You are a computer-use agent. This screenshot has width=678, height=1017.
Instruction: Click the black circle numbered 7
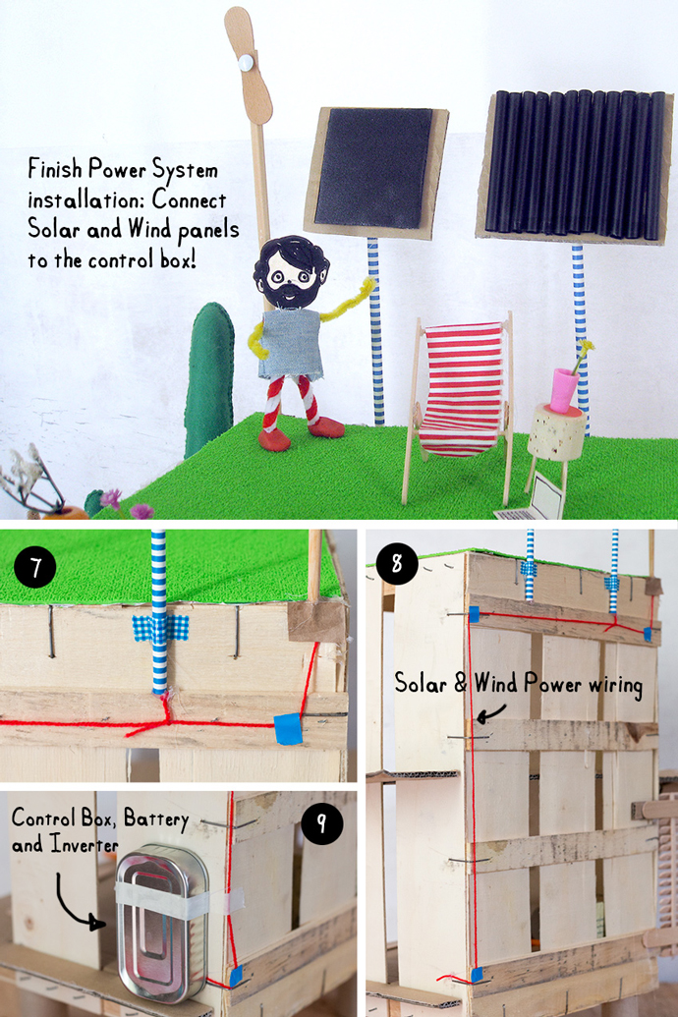pyautogui.click(x=35, y=567)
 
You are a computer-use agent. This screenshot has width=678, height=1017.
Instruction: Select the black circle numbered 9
pyautogui.click(x=321, y=823)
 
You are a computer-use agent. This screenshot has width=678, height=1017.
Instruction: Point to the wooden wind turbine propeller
pyautogui.click(x=248, y=64)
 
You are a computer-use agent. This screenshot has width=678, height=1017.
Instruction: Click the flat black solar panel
pyautogui.click(x=373, y=168)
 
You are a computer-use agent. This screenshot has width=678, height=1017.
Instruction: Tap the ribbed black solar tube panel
pyautogui.click(x=575, y=164)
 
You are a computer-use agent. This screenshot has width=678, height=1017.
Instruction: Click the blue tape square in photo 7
pyautogui.click(x=288, y=728)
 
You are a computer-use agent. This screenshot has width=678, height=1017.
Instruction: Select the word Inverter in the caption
pyautogui.click(x=85, y=844)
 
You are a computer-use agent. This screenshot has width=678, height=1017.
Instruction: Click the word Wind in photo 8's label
pyautogui.click(x=495, y=683)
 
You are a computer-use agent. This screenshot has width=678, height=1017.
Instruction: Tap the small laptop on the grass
pyautogui.click(x=532, y=501)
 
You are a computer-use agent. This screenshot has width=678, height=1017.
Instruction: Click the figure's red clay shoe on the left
pyautogui.click(x=275, y=438)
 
